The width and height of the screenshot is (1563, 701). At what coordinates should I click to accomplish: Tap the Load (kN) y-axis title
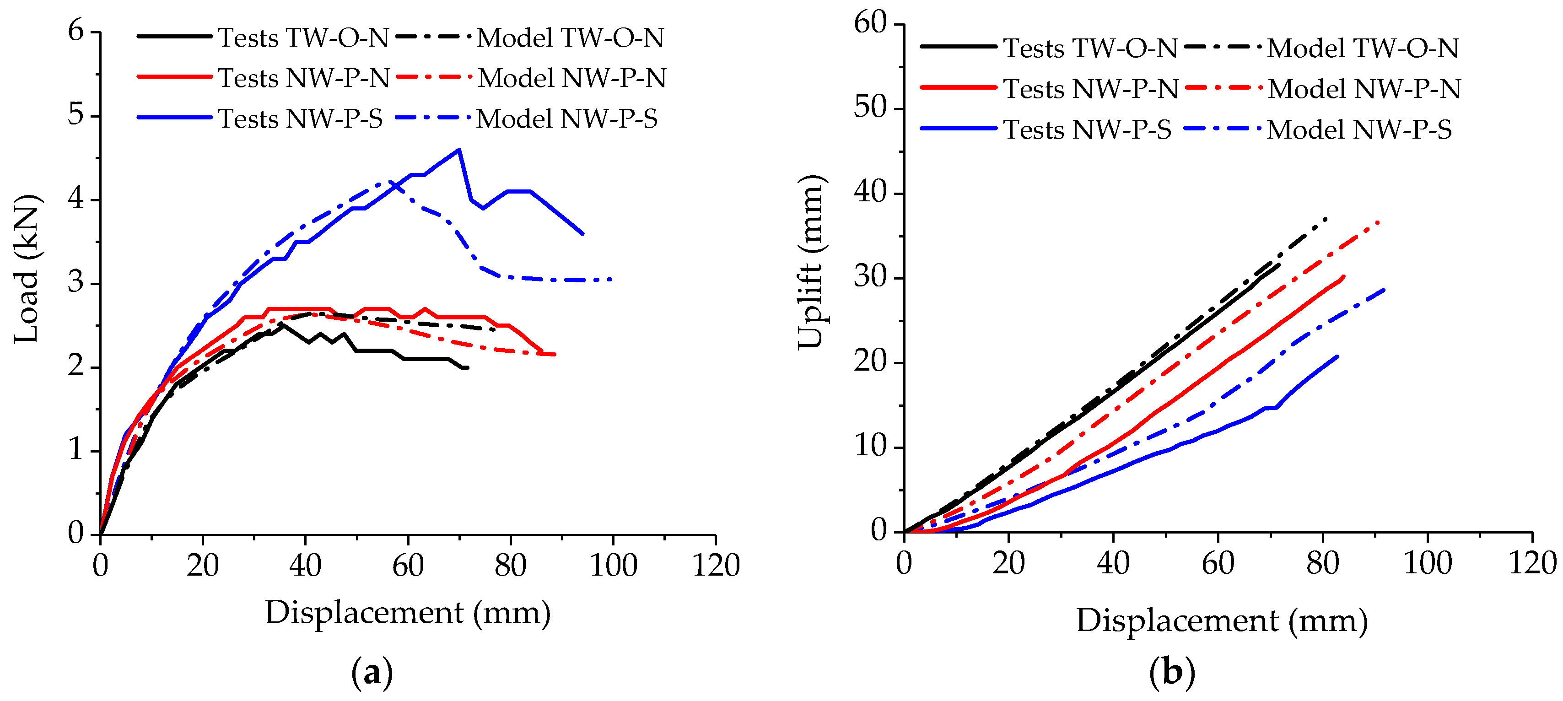click(27, 269)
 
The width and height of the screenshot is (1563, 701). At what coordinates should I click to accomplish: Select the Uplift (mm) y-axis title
click(811, 262)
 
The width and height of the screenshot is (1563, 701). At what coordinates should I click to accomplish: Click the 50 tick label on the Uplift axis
click(870, 108)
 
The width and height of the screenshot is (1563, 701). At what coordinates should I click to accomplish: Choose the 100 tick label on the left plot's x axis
click(613, 566)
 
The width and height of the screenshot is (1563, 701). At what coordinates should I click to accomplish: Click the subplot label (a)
click(372, 673)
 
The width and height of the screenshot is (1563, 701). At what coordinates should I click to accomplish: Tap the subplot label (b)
click(1172, 673)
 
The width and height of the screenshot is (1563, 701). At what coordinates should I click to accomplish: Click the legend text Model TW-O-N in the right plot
click(1363, 48)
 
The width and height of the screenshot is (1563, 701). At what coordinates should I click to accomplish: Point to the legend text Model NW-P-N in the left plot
click(571, 78)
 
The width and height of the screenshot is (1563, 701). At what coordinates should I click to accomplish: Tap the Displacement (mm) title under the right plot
click(1222, 621)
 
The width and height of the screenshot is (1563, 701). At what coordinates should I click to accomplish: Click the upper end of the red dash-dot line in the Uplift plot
click(1379, 222)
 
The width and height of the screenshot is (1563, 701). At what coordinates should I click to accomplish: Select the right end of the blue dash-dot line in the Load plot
click(612, 279)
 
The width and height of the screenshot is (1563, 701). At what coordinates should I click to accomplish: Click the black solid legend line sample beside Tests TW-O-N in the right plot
click(958, 47)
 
